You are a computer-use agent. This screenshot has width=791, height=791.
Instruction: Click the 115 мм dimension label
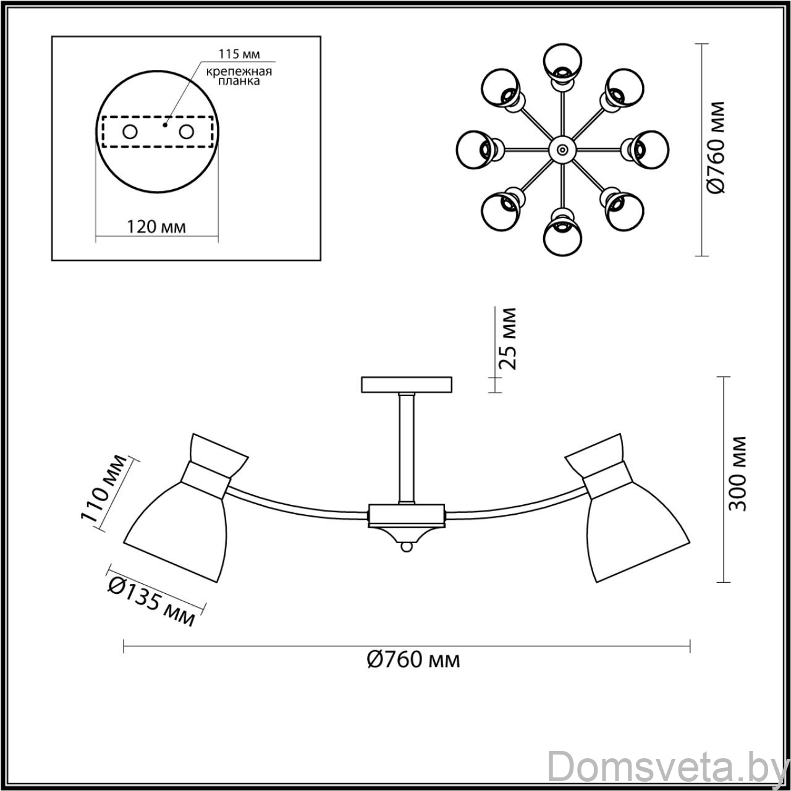coord(239,54)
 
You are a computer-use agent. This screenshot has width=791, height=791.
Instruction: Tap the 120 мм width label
coord(156,226)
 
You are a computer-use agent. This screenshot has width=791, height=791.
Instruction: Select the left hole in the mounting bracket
coord(130,132)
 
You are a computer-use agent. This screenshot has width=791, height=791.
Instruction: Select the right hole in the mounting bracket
coord(187,132)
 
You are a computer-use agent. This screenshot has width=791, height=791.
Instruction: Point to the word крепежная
coord(239,72)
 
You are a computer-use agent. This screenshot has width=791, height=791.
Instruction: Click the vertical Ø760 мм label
coord(716,146)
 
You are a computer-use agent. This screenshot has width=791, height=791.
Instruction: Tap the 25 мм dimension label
coord(506,339)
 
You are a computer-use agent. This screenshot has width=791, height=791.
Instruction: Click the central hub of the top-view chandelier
coord(562,150)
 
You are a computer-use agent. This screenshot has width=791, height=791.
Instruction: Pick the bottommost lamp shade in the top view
coord(562,232)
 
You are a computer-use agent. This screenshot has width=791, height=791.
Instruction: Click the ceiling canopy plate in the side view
coord(407,384)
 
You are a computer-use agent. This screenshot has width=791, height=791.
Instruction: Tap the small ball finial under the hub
coord(407,547)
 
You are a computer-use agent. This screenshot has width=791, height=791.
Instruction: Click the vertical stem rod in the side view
coord(407,448)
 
